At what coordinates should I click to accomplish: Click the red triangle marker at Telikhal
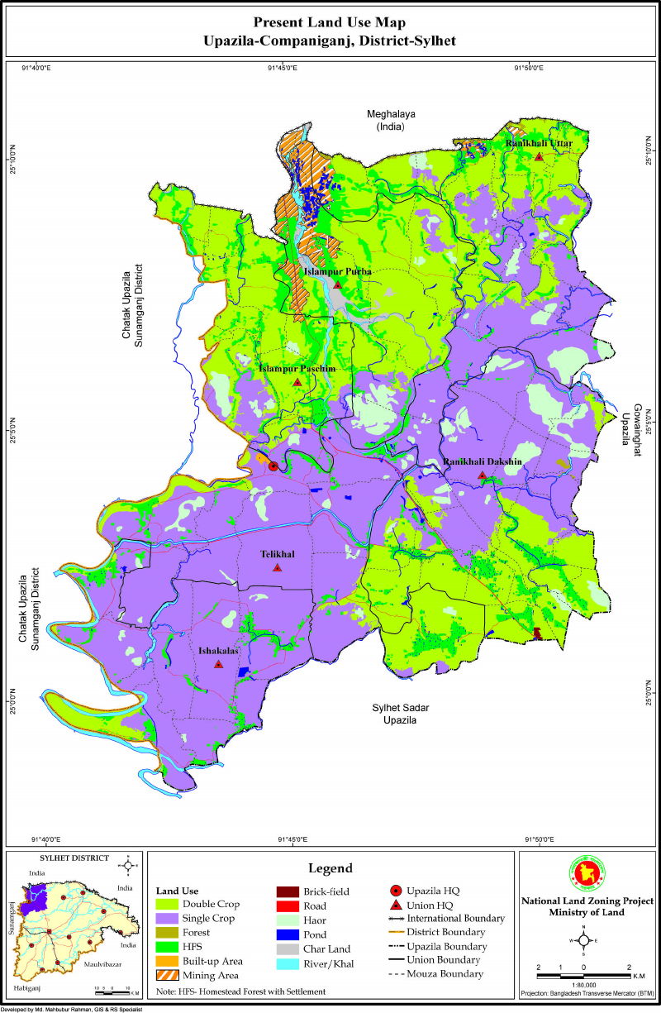pos(277,568)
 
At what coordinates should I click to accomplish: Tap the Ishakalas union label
pos(217,652)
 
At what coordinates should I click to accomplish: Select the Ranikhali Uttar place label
pos(539,143)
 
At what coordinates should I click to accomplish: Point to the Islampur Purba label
pos(337,271)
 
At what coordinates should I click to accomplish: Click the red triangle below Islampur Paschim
pos(297,382)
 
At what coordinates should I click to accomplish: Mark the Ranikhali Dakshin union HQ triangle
pos(482,475)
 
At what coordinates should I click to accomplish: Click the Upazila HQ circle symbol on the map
pos(273,466)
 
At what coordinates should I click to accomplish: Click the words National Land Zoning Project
pos(583,900)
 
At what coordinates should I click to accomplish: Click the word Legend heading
pos(330,868)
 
